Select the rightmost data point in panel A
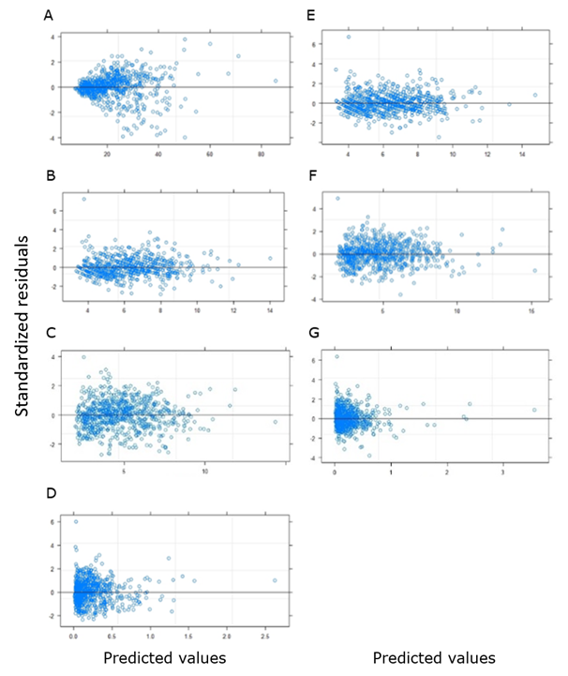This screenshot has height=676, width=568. coord(276,81)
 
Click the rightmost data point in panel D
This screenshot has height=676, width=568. coord(275,580)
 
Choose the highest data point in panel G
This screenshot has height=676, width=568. coord(336,357)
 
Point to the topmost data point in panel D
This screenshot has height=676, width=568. coord(76,521)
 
